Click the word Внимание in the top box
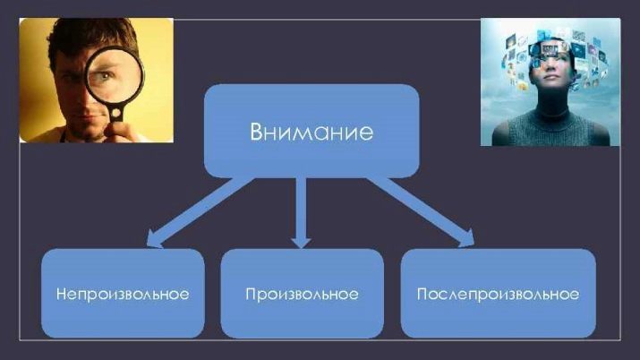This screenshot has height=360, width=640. (x=311, y=132)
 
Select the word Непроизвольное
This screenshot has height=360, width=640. (x=123, y=295)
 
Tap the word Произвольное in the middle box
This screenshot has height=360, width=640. (x=302, y=295)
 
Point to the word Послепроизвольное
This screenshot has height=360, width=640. (x=498, y=295)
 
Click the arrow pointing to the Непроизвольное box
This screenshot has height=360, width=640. (x=200, y=212)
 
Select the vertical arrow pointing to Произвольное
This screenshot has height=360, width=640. (x=302, y=212)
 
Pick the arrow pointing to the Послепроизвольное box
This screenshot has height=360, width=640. (x=421, y=212)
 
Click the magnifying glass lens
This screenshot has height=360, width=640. (x=115, y=76)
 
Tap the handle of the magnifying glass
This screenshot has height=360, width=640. (x=116, y=114)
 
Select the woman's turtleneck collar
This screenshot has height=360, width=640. (x=552, y=106)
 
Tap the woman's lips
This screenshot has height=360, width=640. (x=551, y=77)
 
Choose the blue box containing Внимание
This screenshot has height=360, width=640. (x=311, y=131)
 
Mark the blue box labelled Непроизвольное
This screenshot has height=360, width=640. (x=123, y=293)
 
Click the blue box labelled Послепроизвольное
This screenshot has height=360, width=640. (x=499, y=293)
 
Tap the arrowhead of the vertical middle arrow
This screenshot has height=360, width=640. (x=302, y=242)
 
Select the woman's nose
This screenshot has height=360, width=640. (x=552, y=68)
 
